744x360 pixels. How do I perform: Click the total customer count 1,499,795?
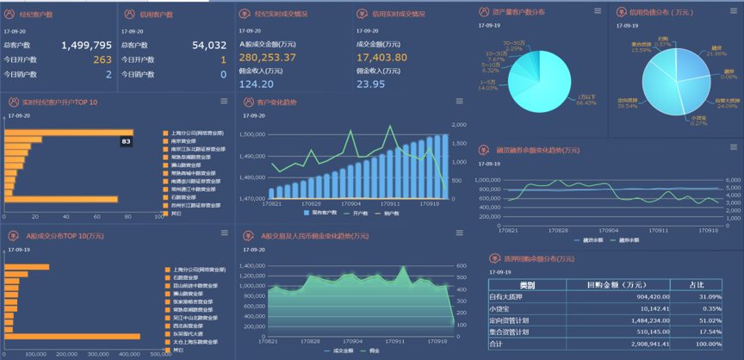[x=86, y=45]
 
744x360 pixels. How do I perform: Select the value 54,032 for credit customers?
[x=208, y=45]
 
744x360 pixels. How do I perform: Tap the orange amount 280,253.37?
[x=267, y=57]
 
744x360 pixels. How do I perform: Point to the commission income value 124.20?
[x=256, y=84]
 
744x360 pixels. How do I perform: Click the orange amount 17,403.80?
[x=381, y=57]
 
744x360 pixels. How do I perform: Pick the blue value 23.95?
[x=370, y=84]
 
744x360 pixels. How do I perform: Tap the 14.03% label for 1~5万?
[x=488, y=85]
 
